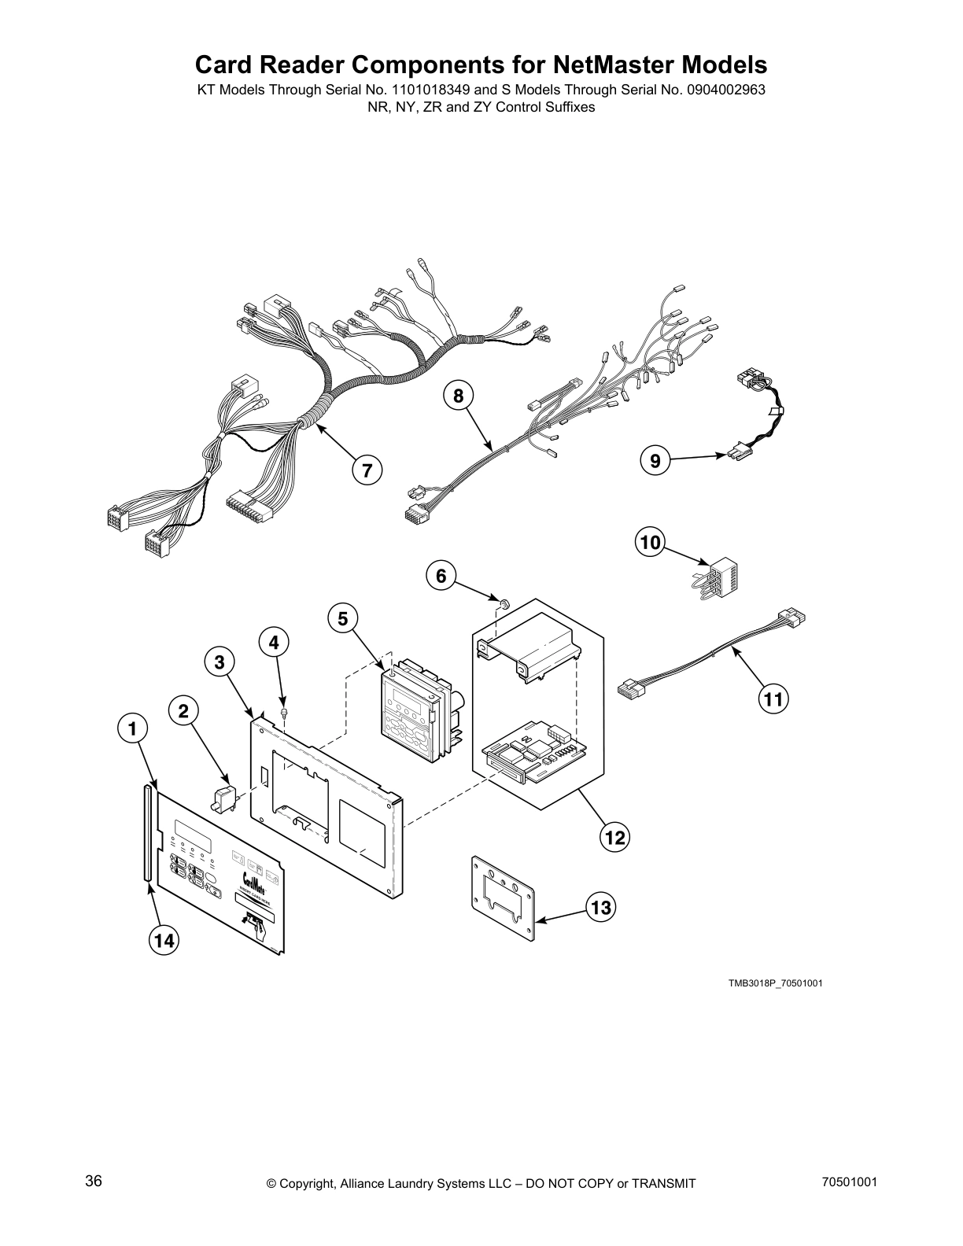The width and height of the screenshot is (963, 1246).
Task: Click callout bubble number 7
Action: point(367,470)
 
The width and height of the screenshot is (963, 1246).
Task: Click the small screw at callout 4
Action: point(284,713)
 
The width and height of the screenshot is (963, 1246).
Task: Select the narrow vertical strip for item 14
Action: point(146,831)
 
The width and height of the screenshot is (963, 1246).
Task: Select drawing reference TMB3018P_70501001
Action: point(776,983)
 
